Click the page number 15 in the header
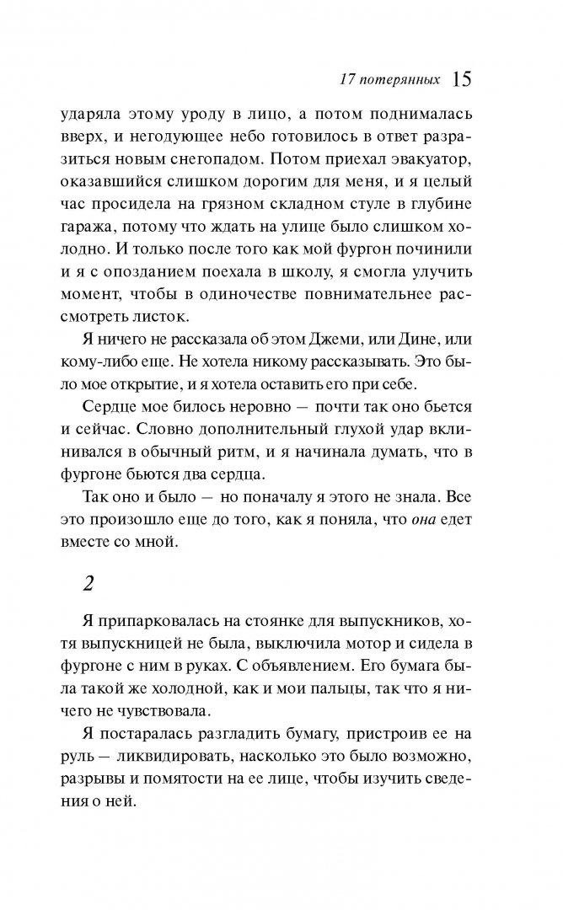click(463, 80)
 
